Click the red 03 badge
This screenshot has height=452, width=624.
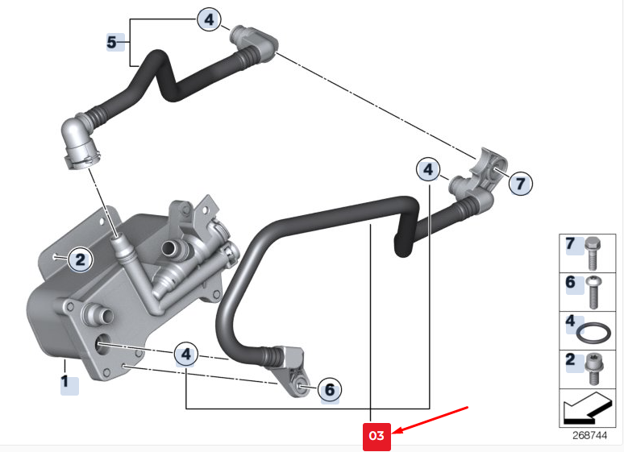[x=376, y=436]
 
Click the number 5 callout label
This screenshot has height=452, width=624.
[x=112, y=42]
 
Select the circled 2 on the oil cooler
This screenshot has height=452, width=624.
[x=81, y=259]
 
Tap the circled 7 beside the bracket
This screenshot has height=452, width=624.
[x=521, y=184]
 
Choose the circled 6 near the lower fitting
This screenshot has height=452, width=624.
[x=330, y=389]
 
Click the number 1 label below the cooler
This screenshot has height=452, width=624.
[x=64, y=382]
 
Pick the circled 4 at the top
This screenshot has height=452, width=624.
[x=209, y=19]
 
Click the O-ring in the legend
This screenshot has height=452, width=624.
[x=593, y=334]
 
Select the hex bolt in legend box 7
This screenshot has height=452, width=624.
[x=593, y=253]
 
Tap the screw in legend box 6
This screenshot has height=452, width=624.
[x=593, y=292]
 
